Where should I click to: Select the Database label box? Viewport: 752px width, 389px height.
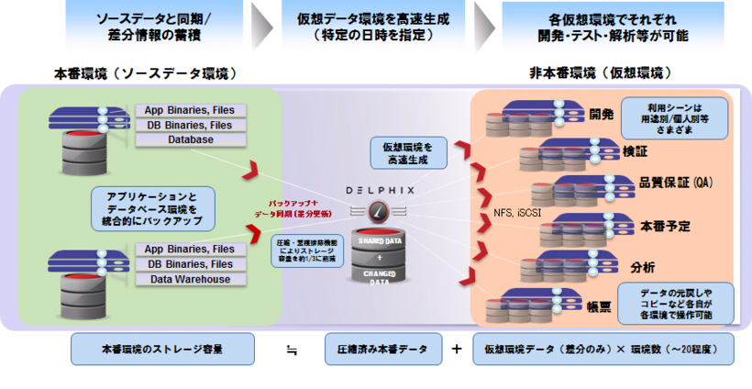190,139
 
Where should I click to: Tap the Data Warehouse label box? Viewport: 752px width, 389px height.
190,279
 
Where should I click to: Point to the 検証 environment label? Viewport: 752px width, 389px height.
634,149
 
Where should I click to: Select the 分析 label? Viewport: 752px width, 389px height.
643,267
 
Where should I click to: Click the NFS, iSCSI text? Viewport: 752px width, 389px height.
517,213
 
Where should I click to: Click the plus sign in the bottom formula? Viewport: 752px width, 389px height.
456,350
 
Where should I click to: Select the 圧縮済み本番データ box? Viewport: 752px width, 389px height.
381,350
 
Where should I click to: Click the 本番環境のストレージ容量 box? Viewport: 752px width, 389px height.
150,350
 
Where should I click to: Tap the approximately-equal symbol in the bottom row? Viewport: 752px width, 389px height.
290,350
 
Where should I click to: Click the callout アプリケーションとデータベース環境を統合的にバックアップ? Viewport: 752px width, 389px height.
153,208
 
